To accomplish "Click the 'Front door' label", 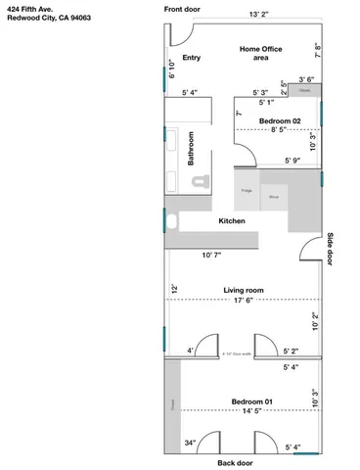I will (183, 8).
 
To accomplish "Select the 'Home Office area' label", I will (260, 53).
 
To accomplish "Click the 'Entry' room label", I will (192, 58).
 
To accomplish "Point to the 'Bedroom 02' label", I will (280, 120).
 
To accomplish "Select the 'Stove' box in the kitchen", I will (274, 196).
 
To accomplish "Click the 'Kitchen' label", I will (232, 221).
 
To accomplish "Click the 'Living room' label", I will (245, 290).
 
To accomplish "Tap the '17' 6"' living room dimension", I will (245, 301).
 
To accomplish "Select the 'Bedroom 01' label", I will (251, 400).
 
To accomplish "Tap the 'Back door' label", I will (235, 462).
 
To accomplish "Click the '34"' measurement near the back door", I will (190, 444).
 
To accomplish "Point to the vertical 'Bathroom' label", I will (192, 149).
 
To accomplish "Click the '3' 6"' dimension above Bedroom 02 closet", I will (305, 79).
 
